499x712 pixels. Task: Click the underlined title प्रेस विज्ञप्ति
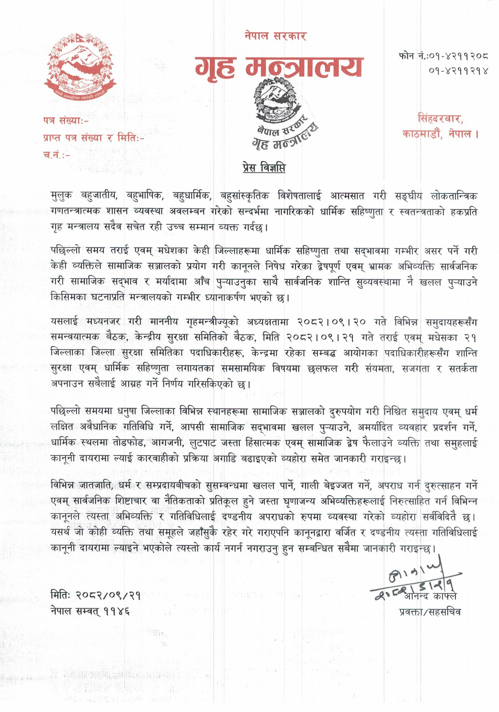pyautogui.click(x=264, y=168)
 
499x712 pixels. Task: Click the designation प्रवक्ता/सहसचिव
pyautogui.click(x=430, y=612)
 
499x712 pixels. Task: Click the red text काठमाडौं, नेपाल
pyautogui.click(x=440, y=134)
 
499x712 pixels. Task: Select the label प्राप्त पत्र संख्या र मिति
pyautogui.click(x=94, y=138)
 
